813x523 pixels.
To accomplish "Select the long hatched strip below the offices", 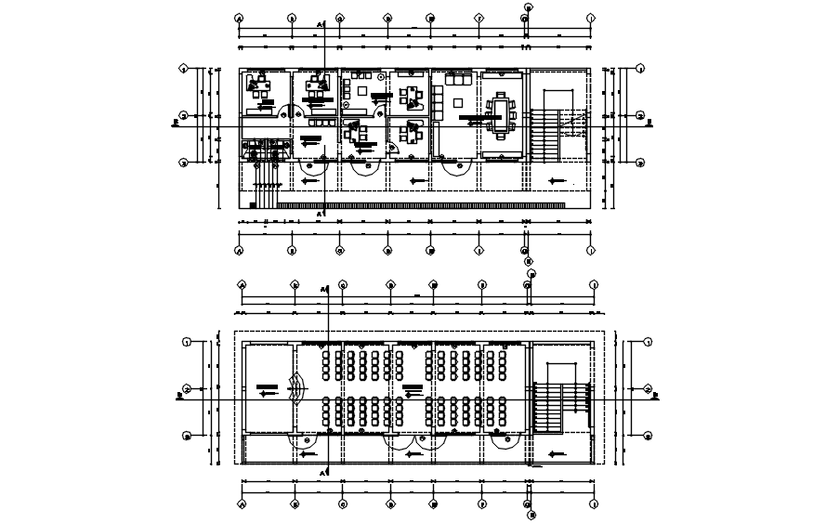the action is [x=423, y=204].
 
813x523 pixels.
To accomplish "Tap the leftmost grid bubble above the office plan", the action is [x=240, y=18].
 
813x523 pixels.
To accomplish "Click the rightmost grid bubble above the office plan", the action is [x=591, y=18].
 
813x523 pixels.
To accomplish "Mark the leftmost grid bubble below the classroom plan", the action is [x=243, y=504].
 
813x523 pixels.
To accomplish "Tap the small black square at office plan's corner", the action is [x=252, y=203].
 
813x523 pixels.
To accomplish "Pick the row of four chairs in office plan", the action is [x=321, y=121].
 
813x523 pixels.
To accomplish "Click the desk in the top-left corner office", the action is [x=261, y=89].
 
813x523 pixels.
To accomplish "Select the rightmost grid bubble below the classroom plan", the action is [x=592, y=504].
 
